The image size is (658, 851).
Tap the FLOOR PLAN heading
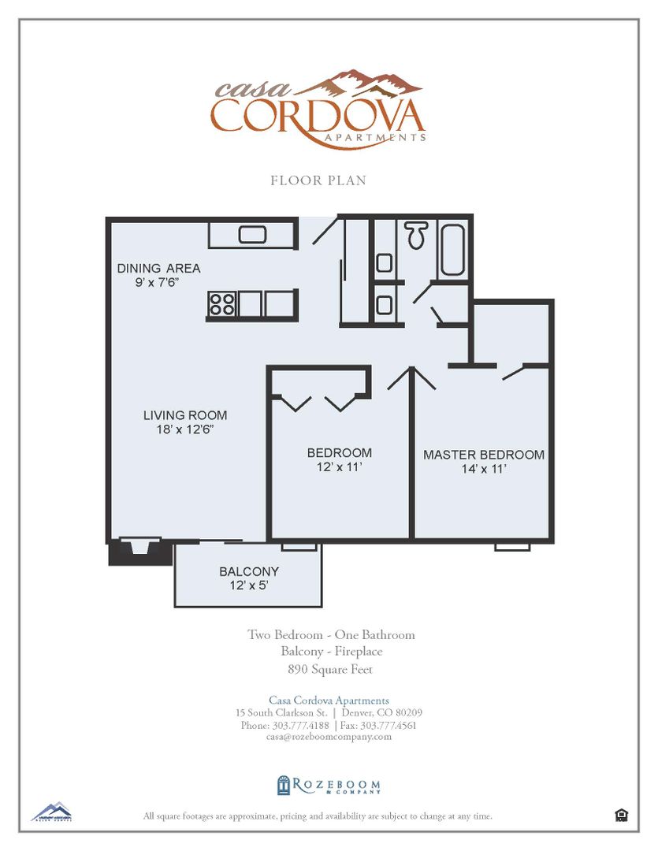pyautogui.click(x=318, y=180)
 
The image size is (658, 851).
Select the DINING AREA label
pyautogui.click(x=159, y=268)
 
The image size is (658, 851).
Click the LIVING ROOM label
pyautogui.click(x=185, y=415)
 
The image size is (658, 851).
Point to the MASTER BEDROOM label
pyautogui.click(x=484, y=455)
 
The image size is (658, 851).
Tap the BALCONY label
pyautogui.click(x=249, y=571)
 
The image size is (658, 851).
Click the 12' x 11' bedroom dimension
pyautogui.click(x=340, y=467)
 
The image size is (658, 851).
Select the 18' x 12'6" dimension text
pyautogui.click(x=185, y=429)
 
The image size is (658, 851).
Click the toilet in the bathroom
pyautogui.click(x=417, y=234)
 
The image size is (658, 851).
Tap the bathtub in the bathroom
pyautogui.click(x=452, y=250)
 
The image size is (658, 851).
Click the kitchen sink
pyautogui.click(x=253, y=234)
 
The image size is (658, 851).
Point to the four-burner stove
pyautogui.click(x=222, y=303)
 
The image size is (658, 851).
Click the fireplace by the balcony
pyautogui.click(x=139, y=549)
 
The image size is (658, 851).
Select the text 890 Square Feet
pyautogui.click(x=330, y=670)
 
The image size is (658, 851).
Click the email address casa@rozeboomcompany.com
pyautogui.click(x=329, y=737)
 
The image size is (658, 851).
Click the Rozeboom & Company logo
pyautogui.click(x=329, y=786)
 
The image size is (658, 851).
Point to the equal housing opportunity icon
pyautogui.click(x=621, y=816)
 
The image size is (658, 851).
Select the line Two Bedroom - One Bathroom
pyautogui.click(x=331, y=634)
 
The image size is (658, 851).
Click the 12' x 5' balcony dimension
pyautogui.click(x=249, y=585)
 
